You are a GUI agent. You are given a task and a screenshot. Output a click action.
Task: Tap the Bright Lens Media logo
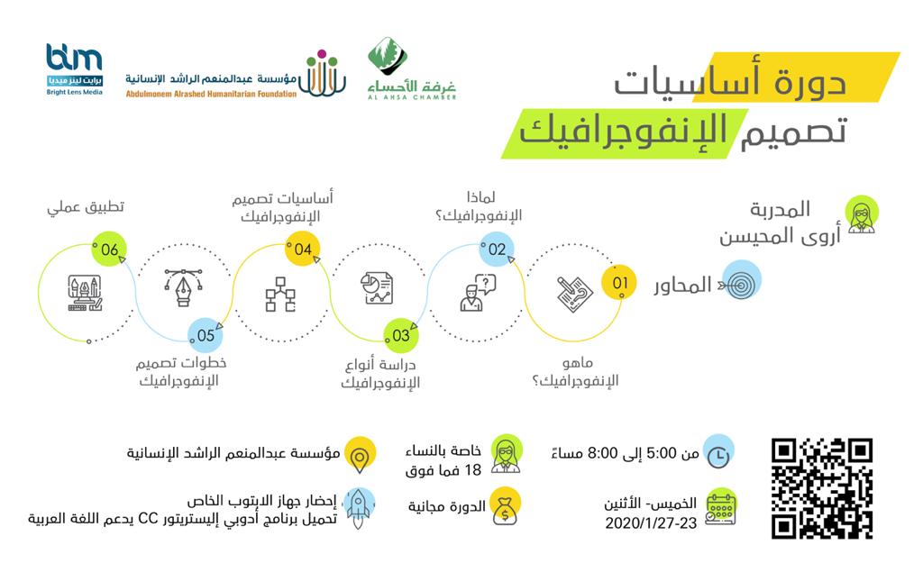click(x=75, y=70)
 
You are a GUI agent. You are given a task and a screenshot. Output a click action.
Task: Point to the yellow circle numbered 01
click(x=619, y=283)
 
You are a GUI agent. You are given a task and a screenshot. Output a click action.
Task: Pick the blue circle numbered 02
click(x=497, y=250)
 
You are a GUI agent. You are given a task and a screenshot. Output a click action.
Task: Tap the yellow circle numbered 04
click(x=302, y=250)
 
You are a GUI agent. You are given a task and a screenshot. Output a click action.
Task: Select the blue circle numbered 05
click(x=206, y=335)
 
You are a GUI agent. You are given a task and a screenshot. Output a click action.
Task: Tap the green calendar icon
click(x=718, y=504)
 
